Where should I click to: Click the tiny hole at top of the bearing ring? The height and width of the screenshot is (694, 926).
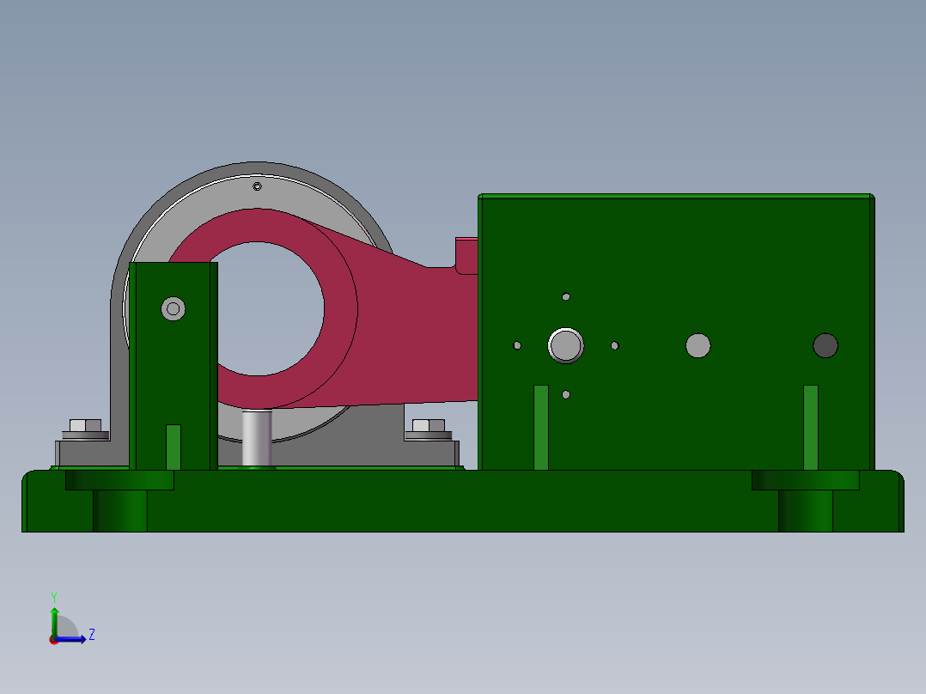tap(257, 186)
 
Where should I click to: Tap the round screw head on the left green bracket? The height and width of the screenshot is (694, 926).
tap(174, 308)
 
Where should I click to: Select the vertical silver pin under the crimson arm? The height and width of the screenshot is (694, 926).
tap(257, 438)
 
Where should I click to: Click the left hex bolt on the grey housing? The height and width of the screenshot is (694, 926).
tap(84, 425)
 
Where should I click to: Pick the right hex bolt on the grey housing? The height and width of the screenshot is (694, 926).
tap(429, 425)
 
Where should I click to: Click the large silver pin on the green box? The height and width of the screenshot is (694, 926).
tap(565, 345)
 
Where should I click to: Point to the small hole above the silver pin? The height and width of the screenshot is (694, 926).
tap(566, 297)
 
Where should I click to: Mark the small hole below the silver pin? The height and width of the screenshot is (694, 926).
tap(566, 395)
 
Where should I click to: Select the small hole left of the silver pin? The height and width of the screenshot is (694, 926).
tap(517, 346)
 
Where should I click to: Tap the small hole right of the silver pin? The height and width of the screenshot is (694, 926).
tap(615, 346)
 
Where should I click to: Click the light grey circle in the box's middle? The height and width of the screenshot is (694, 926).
tap(698, 345)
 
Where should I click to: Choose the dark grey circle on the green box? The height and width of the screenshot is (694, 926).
tap(825, 345)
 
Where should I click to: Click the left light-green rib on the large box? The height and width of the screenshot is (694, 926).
tap(541, 427)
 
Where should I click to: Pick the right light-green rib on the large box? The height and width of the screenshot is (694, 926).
tap(811, 427)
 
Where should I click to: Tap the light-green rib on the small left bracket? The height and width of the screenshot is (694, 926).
tap(174, 447)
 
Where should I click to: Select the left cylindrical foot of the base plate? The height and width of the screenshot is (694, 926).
tap(120, 510)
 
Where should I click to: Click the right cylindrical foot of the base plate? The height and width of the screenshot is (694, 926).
tap(806, 510)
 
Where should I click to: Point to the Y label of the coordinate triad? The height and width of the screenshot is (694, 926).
tap(54, 596)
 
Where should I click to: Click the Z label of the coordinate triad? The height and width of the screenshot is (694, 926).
tap(92, 636)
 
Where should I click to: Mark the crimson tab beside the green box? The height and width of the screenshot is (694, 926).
tap(466, 255)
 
